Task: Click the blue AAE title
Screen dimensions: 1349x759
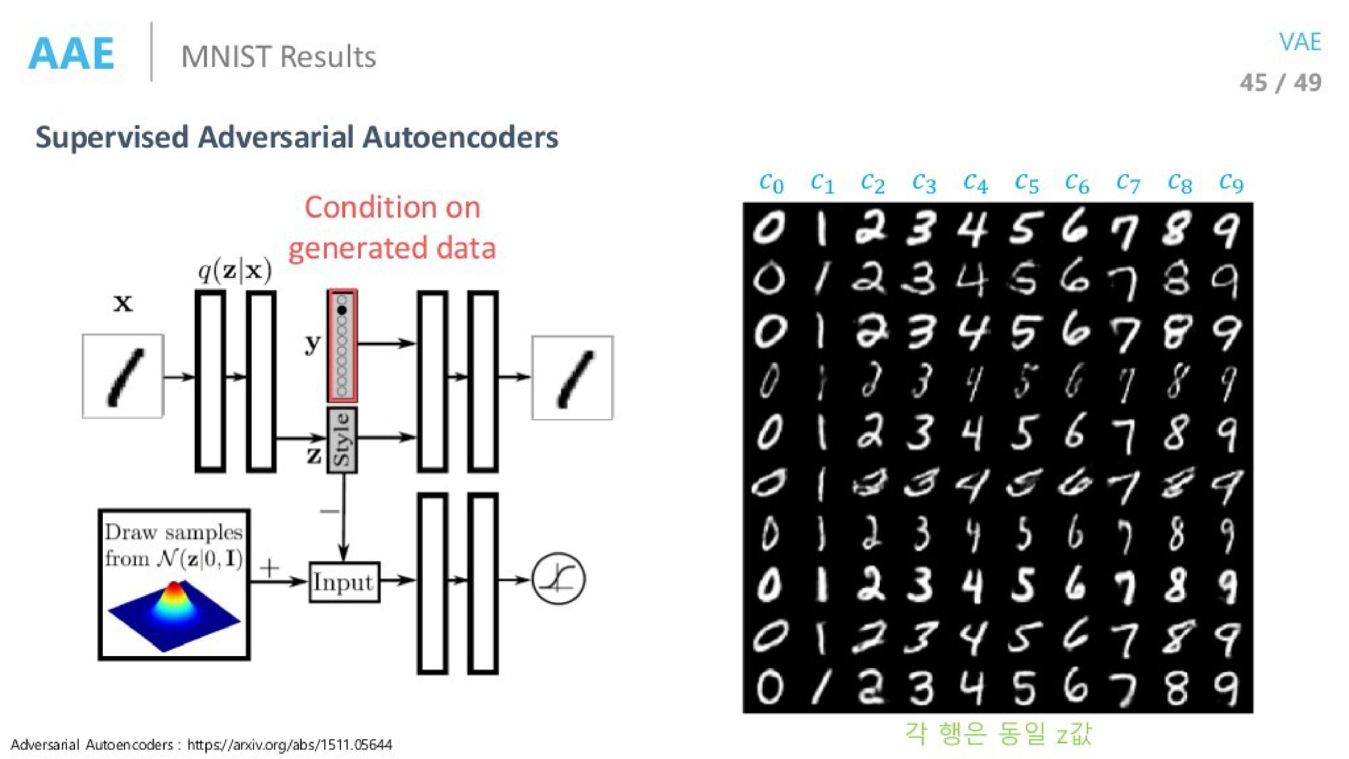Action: [71, 54]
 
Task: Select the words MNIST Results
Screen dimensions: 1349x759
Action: [278, 57]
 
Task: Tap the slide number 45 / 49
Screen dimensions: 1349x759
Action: [1280, 83]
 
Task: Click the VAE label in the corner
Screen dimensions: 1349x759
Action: [1300, 42]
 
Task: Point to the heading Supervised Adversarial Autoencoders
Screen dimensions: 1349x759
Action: [296, 137]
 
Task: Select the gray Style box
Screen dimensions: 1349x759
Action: [342, 440]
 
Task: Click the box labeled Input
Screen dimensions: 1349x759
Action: [344, 582]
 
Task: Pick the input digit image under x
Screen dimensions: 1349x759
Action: [123, 377]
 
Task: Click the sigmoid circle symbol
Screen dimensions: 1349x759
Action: [558, 580]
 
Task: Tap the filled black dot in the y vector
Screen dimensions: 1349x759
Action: [342, 311]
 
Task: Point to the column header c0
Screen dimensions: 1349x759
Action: [771, 183]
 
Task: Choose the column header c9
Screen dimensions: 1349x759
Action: [1231, 183]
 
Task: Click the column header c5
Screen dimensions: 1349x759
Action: [1027, 183]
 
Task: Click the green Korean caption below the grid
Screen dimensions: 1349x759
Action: [998, 733]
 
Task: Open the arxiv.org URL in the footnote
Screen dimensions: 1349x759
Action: [290, 744]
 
